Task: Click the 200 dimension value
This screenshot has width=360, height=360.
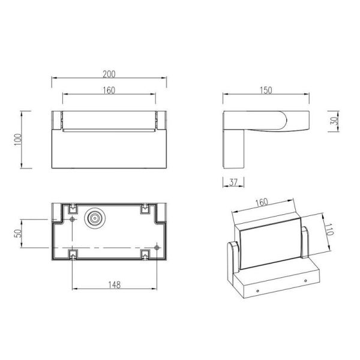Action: (109, 74)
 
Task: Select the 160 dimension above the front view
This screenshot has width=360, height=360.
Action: (109, 90)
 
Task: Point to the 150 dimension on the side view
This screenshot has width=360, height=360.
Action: (266, 90)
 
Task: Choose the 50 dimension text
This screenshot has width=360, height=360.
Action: (18, 233)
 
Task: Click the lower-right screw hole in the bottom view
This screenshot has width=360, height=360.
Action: (157, 247)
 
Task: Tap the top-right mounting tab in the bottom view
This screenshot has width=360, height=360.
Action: (145, 209)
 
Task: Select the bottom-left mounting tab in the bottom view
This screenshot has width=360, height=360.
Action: (73, 256)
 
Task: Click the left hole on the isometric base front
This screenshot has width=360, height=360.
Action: (258, 291)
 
